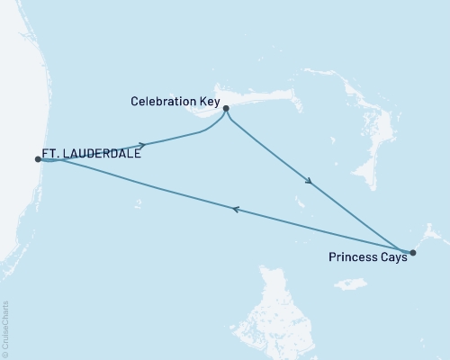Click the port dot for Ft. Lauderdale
(38, 159)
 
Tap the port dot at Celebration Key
(226, 109)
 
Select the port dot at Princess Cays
(412, 253)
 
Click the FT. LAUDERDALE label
(90, 154)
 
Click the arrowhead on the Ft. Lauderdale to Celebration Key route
(141, 144)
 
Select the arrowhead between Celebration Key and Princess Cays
(309, 183)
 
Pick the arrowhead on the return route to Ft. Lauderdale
(235, 209)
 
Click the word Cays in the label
(393, 256)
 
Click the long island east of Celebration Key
(270, 99)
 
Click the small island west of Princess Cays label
(349, 285)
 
